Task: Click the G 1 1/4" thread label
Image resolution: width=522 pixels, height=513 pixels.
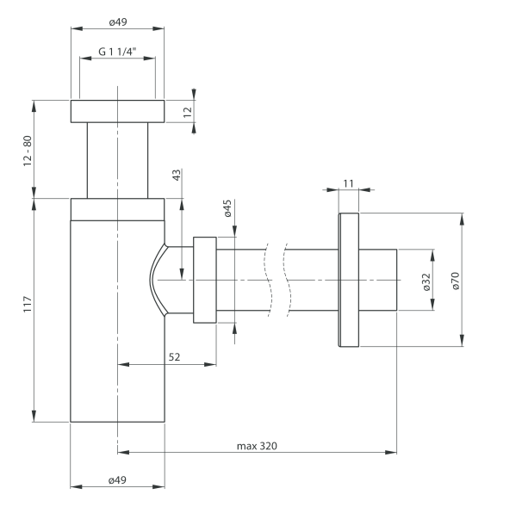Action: [x=116, y=51]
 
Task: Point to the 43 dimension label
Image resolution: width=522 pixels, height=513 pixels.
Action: [x=177, y=176]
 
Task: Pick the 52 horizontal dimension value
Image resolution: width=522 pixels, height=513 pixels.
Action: [x=174, y=356]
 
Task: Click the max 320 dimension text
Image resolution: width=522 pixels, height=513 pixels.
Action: [x=258, y=446]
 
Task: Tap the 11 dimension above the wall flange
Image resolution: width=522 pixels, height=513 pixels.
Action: [x=348, y=183]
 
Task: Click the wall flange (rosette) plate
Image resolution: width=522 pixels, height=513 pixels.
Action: [x=348, y=280]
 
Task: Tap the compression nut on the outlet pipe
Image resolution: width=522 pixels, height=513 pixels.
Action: [x=204, y=280]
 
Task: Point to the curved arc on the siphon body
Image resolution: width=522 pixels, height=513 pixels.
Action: [x=153, y=280]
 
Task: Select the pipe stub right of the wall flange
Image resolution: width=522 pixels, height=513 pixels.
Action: [x=377, y=280]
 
